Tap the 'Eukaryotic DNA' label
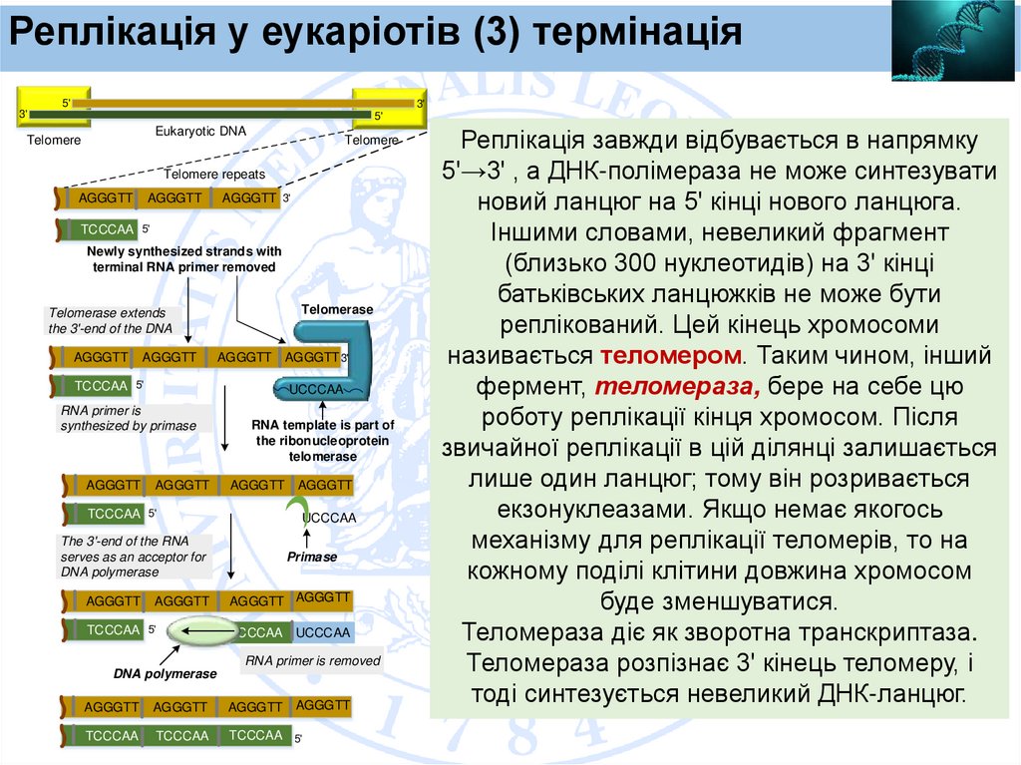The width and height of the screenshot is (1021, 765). (200, 131)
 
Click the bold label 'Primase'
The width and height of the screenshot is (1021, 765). (312, 557)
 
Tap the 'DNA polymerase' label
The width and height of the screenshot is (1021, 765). (165, 673)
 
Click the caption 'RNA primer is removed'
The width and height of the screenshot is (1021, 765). (313, 660)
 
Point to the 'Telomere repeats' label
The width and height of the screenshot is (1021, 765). (214, 174)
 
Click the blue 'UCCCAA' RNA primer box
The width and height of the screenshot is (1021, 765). (323, 632)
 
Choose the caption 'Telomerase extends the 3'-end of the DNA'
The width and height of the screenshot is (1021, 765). (111, 320)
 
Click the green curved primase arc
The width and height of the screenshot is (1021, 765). (297, 510)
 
